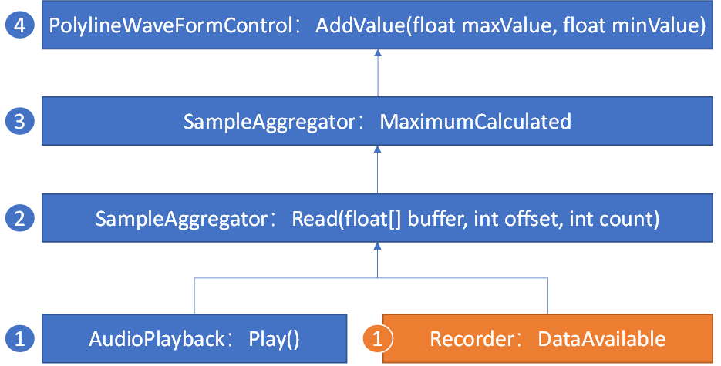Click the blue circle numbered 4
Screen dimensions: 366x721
pos(19,25)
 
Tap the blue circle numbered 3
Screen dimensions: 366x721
pos(19,121)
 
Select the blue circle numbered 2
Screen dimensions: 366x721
pos(19,218)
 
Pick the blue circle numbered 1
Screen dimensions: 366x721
pos(19,338)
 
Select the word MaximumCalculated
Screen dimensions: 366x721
pos(476,122)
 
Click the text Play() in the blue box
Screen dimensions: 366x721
pos(274,339)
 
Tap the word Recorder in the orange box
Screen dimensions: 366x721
pos(471,339)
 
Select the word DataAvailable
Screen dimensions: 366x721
pos(601,339)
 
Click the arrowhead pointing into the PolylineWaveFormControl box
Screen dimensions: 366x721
pos(377,53)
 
